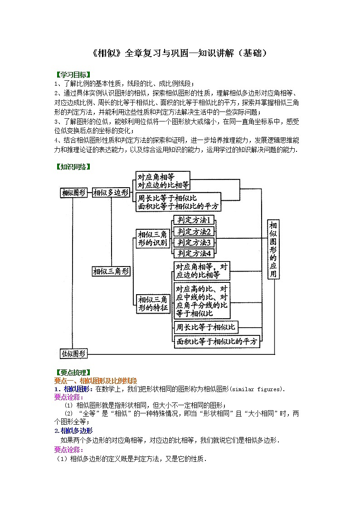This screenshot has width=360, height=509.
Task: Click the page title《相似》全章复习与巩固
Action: pyautogui.click(x=180, y=53)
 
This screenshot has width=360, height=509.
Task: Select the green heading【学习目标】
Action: pyautogui.click(x=73, y=74)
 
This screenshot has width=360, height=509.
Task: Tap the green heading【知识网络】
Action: pyautogui.click(x=73, y=166)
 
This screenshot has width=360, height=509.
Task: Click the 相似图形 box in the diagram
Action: pyautogui.click(x=73, y=193)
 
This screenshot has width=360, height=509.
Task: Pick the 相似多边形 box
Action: pyautogui.click(x=111, y=193)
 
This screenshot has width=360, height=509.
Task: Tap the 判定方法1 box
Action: pyautogui.click(x=194, y=220)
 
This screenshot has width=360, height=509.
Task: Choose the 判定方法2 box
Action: pyautogui.click(x=194, y=232)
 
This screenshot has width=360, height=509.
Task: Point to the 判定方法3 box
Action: pyautogui.click(x=194, y=242)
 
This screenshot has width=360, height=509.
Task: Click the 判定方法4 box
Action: pyautogui.click(x=194, y=253)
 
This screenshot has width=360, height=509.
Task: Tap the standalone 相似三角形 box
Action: pyautogui.click(x=111, y=271)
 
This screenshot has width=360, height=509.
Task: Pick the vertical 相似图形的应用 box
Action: pyautogui.click(x=273, y=249)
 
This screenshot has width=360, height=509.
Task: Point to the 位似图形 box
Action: pyautogui.click(x=74, y=353)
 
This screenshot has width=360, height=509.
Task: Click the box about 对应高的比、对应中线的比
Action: pyautogui.click(x=202, y=301)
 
